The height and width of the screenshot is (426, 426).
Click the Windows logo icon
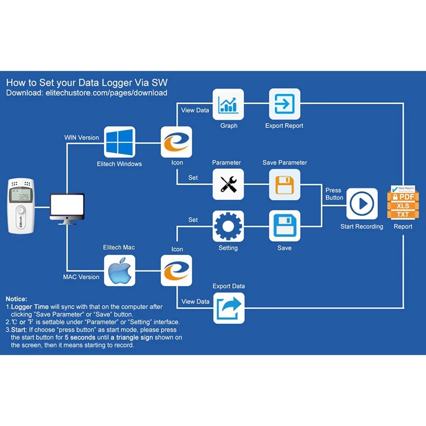pyautogui.click(x=119, y=142)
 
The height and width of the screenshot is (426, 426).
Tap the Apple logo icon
pyautogui.click(x=119, y=271)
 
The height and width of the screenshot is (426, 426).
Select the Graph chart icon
pyautogui.click(x=228, y=104)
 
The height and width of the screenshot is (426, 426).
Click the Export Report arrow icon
pyautogui.click(x=284, y=104)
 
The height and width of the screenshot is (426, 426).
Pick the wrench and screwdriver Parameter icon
pyautogui.click(x=228, y=184)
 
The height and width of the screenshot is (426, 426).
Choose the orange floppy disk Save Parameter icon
pyautogui.click(x=284, y=184)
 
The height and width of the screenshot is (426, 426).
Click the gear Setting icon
pyautogui.click(x=228, y=226)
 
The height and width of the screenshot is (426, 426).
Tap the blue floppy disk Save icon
pyautogui.click(x=284, y=226)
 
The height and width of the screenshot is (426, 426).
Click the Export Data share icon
pyautogui.click(x=229, y=308)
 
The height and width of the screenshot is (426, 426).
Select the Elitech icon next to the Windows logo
pyautogui.click(x=176, y=142)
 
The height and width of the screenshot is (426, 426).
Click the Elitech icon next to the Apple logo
pyautogui.click(x=176, y=271)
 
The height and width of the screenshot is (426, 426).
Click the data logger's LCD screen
pyautogui.click(x=21, y=195)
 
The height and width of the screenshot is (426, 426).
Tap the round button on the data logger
pyautogui.click(x=21, y=210)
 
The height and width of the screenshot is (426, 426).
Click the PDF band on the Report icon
pyautogui.click(x=403, y=196)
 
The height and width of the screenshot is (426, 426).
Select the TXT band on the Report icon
pyautogui.click(x=403, y=215)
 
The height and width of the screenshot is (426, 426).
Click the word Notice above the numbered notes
pyautogui.click(x=17, y=299)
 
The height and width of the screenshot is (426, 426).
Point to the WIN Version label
pyautogui.click(x=81, y=137)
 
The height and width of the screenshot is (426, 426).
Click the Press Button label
pyautogui.click(x=334, y=194)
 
